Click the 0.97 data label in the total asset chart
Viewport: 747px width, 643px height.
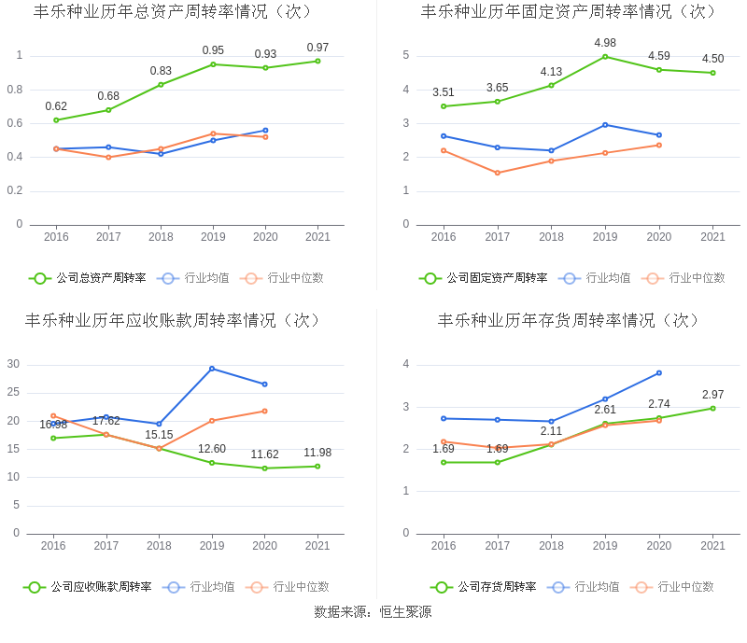pyautogui.click(x=317, y=48)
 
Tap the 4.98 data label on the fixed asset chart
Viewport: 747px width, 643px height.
pyautogui.click(x=605, y=43)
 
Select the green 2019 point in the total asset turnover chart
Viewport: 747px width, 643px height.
pyautogui.click(x=213, y=64)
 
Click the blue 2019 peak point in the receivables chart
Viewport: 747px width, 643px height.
pyautogui.click(x=212, y=369)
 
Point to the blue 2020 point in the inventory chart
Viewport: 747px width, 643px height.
pyautogui.click(x=659, y=373)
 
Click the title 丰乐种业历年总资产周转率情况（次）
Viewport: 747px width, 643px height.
pyautogui.click(x=173, y=12)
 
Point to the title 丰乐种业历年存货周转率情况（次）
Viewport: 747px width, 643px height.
pyautogui.click(x=569, y=320)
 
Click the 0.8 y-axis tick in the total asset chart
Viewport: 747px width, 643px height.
pyautogui.click(x=17, y=90)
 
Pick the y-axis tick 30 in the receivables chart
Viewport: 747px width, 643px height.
pyautogui.click(x=13, y=364)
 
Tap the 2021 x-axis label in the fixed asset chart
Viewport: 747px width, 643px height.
pyautogui.click(x=712, y=237)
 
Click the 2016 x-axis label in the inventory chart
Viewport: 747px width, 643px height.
pyautogui.click(x=444, y=546)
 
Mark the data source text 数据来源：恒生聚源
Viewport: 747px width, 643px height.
pyautogui.click(x=373, y=612)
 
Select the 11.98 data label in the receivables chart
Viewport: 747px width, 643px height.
pyautogui.click(x=317, y=453)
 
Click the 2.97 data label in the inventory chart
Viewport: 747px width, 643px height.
pyautogui.click(x=713, y=395)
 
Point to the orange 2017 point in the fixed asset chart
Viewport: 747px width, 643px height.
pyautogui.click(x=497, y=173)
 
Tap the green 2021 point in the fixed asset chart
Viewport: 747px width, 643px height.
pyautogui.click(x=712, y=73)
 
